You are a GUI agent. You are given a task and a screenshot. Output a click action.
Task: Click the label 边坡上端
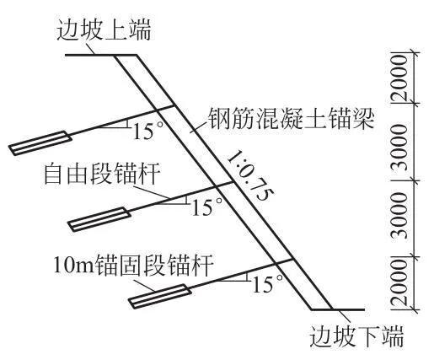[x=104, y=30]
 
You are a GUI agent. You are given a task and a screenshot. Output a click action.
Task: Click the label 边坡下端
[x=356, y=336]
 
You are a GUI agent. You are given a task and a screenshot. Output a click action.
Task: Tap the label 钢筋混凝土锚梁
[x=291, y=119]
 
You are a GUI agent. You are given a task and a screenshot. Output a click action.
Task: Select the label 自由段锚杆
[x=103, y=174]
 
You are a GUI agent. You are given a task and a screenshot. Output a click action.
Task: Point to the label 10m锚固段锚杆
[x=133, y=266]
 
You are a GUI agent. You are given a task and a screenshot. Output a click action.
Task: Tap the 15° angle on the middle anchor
[x=206, y=207]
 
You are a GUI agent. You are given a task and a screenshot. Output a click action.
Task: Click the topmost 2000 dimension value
[x=399, y=78]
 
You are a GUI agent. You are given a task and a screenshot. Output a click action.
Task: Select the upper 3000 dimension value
[x=399, y=148]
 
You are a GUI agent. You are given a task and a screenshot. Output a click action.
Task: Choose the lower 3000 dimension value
[x=399, y=216]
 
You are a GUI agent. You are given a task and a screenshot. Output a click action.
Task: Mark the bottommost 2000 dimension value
[x=399, y=283]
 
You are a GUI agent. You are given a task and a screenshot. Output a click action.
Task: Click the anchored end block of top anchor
[x=40, y=143]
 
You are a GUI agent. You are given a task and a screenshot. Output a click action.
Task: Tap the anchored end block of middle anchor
[x=99, y=219]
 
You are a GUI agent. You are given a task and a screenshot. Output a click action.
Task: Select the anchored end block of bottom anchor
[x=160, y=297]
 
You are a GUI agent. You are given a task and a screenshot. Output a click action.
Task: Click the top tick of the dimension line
[x=415, y=52]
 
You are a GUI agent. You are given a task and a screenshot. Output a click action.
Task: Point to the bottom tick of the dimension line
[x=415, y=310]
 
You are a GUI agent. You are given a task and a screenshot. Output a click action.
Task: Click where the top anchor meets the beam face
[x=174, y=105]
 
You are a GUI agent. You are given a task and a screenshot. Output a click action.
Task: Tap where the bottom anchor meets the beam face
[x=293, y=259]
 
